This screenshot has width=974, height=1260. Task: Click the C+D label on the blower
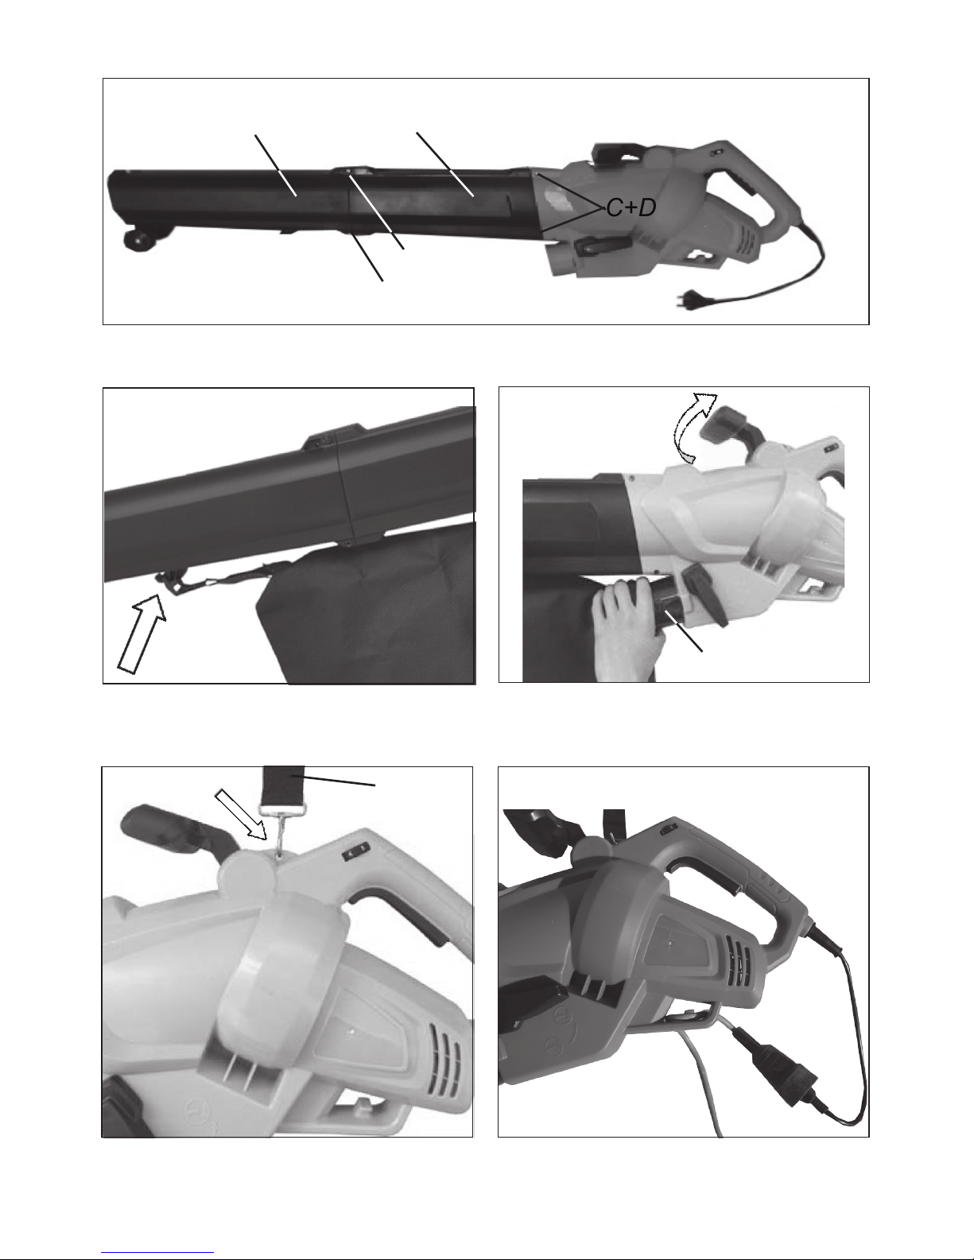coord(631,207)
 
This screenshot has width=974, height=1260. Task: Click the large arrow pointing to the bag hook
coord(142,634)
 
